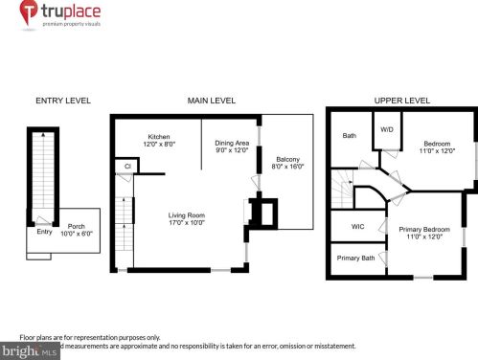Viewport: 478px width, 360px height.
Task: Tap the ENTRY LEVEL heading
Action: point(61,101)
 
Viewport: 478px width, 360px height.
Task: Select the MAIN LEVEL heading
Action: point(212,101)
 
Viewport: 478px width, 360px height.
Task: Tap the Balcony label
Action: point(287,163)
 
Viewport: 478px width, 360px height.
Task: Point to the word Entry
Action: point(44,231)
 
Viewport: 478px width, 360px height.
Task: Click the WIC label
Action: point(357,227)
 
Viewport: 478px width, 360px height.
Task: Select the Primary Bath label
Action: point(355,258)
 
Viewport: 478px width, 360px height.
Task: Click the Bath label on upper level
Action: point(350,136)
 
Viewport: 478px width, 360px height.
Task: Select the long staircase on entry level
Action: point(42,172)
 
